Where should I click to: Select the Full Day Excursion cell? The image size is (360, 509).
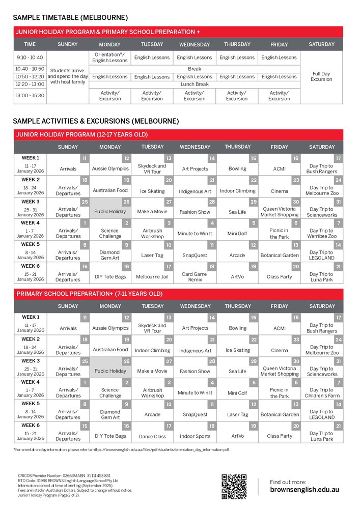[321, 76]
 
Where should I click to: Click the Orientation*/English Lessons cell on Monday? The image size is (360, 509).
[110, 58]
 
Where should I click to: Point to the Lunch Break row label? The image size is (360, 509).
[195, 84]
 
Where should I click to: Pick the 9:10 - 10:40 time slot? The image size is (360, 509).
[30, 58]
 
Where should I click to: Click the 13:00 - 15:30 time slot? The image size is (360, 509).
[30, 95]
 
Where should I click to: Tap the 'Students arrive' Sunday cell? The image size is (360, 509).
[68, 76]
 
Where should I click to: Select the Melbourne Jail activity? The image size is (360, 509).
[152, 277]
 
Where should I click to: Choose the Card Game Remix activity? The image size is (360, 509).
[195, 277]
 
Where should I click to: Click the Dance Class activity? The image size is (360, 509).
[152, 436]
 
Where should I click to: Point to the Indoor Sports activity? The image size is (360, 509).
[195, 436]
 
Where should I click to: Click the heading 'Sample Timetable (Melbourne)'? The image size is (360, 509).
[70, 18]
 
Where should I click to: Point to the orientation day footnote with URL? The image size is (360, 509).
[121, 450]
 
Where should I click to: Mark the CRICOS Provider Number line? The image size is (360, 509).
[64, 475]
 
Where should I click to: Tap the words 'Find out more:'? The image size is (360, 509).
[288, 482]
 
